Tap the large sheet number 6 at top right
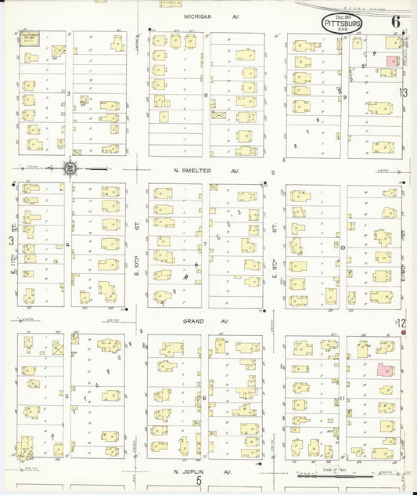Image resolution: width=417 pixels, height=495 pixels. [x=396, y=21]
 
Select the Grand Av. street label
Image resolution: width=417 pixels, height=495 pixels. [x=206, y=322]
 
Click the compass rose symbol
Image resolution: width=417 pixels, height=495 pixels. [x=70, y=168]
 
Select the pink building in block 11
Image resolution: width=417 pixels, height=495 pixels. [x=385, y=368]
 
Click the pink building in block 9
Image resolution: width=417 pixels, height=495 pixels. [x=392, y=60]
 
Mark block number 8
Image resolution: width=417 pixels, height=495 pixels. [x=206, y=96]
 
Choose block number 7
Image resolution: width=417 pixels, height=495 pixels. [x=205, y=244]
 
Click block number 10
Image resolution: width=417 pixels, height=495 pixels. [x=343, y=247]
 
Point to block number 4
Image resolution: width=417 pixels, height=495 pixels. [x=68, y=245]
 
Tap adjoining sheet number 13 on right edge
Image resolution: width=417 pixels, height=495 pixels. [x=403, y=93]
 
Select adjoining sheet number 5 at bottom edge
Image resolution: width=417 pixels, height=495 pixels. [x=199, y=482]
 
